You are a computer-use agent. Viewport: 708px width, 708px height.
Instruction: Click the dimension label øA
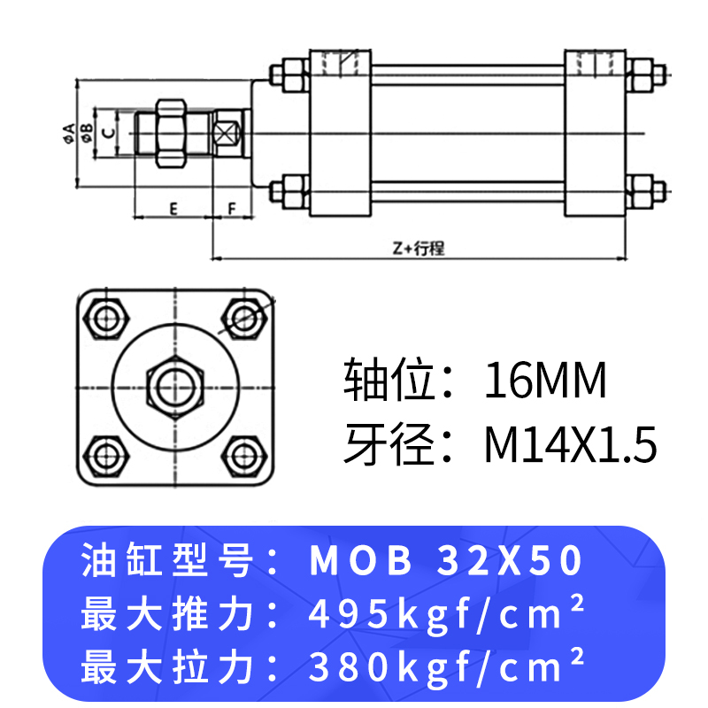[68, 133]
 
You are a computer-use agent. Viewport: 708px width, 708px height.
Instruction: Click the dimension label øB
[87, 133]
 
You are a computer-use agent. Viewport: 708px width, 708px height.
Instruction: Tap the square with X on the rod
[228, 134]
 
